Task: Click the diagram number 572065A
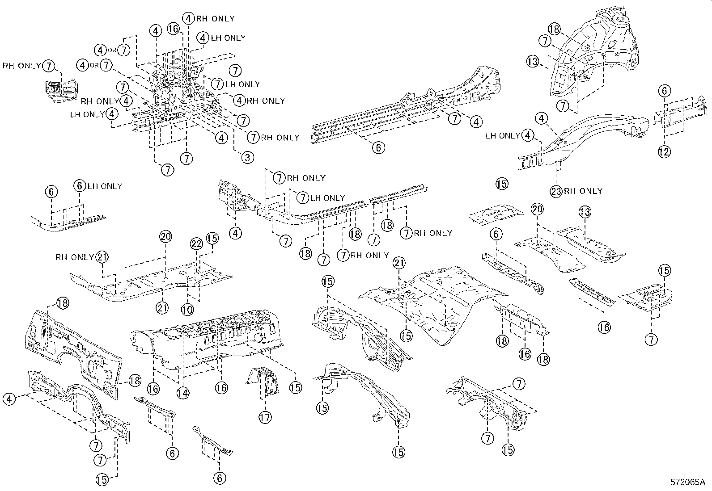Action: (x=687, y=483)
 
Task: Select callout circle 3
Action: (x=247, y=157)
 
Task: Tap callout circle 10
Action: (x=187, y=309)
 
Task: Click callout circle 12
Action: (x=664, y=151)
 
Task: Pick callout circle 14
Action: (x=182, y=393)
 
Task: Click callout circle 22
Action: (x=196, y=243)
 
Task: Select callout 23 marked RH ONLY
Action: (x=556, y=191)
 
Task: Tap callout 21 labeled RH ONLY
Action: (x=102, y=257)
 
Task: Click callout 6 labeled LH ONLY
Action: (x=80, y=186)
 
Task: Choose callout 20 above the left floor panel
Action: (x=165, y=237)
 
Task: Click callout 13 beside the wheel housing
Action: (x=533, y=62)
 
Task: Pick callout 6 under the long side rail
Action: (x=378, y=147)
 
